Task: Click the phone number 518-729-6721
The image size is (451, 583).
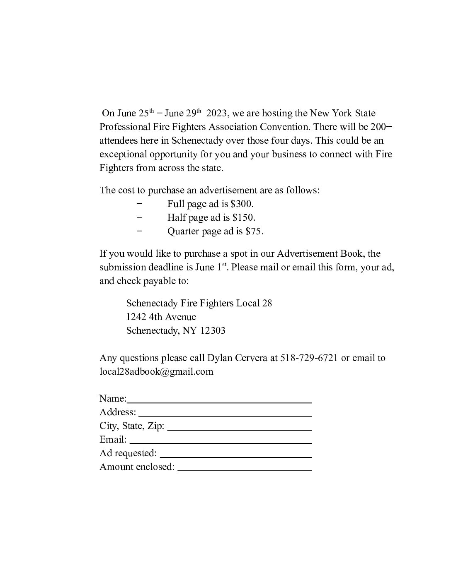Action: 309,358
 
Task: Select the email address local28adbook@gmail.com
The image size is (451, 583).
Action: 156,371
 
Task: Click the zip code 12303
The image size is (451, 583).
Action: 213,330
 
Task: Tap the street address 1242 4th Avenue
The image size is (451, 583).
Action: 161,317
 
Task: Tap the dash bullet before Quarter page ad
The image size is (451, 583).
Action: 139,231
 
